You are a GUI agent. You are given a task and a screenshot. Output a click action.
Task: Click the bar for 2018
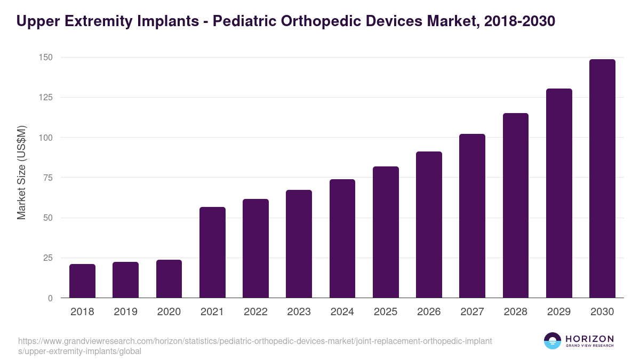[x=82, y=281]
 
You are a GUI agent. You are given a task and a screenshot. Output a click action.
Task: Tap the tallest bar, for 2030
[x=602, y=179]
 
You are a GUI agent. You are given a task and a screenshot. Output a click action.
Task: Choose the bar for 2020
[x=169, y=279]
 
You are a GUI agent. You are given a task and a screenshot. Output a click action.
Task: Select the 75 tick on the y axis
[x=47, y=178]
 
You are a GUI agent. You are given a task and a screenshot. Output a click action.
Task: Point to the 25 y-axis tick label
[x=47, y=258]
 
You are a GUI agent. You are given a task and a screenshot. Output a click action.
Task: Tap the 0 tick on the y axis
[x=50, y=298]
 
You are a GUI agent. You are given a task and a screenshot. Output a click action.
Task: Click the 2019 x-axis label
[x=125, y=312]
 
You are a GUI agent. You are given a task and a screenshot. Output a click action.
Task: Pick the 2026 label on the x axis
[x=429, y=312]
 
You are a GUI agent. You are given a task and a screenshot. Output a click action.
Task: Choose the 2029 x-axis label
[x=559, y=312]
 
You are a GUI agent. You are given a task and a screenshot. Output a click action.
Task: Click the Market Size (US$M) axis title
[x=21, y=172]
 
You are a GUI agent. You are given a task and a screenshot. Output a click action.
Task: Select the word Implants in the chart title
[x=164, y=21]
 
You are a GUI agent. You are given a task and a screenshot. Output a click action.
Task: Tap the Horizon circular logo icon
[x=552, y=341]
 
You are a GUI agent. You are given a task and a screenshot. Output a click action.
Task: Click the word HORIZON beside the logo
[x=589, y=338]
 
